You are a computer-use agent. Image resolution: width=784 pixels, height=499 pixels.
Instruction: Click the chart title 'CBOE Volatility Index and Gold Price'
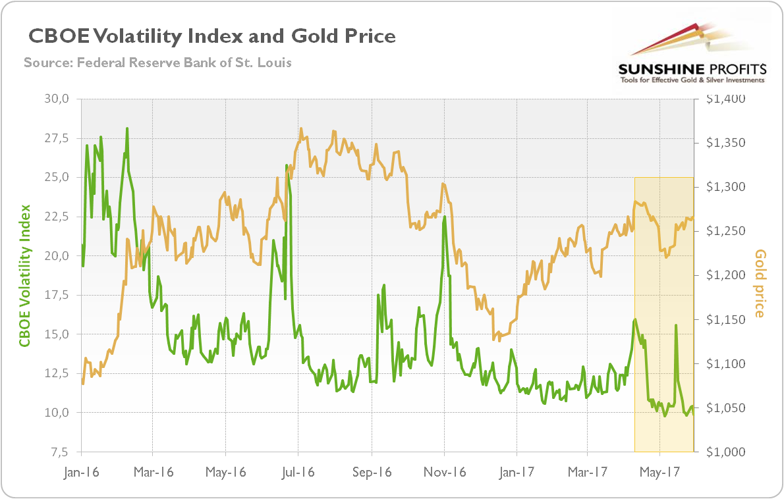(211, 36)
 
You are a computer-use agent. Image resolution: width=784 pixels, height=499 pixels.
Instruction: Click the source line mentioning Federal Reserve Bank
(157, 63)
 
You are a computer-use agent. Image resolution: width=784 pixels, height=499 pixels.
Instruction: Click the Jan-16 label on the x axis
(81, 472)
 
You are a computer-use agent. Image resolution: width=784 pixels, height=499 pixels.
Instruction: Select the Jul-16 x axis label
(298, 472)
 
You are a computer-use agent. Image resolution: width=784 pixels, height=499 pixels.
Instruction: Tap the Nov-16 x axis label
(444, 472)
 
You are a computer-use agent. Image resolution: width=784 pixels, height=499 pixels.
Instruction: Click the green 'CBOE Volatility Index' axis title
(24, 275)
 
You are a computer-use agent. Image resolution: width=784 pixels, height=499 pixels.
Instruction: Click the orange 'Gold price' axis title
(760, 283)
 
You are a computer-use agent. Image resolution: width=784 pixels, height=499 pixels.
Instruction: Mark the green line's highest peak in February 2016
(126, 128)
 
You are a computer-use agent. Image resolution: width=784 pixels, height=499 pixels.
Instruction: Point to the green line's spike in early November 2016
(445, 217)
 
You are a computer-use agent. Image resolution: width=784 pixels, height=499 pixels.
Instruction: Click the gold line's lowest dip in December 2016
(493, 340)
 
